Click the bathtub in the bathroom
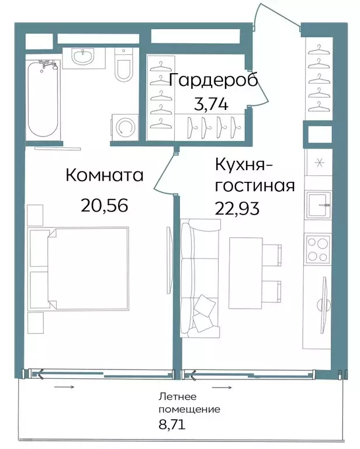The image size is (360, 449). tap(43, 99)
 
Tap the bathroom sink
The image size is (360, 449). tap(82, 57)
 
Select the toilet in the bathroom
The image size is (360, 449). tap(124, 67)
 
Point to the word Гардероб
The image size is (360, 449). tap(213, 81)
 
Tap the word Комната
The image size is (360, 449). tap(105, 175)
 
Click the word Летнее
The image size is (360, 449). tap(174, 397)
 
